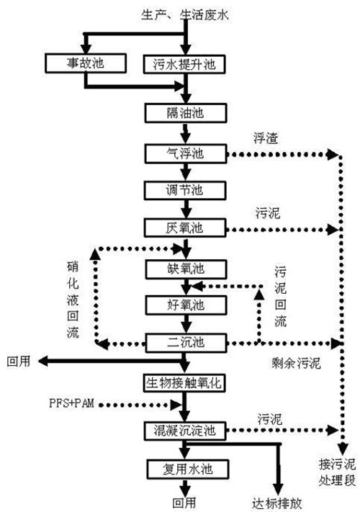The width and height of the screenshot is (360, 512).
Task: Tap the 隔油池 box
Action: (186, 114)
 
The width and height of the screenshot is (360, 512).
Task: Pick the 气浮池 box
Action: (186, 153)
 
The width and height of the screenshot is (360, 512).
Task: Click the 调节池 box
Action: (186, 191)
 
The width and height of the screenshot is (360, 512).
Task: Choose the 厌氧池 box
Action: (186, 228)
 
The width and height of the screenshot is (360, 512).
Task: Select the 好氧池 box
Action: (186, 304)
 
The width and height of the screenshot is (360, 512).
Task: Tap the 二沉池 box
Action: (186, 342)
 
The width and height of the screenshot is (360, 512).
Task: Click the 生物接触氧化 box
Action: (186, 382)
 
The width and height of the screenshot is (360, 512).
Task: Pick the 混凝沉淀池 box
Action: (186, 431)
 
